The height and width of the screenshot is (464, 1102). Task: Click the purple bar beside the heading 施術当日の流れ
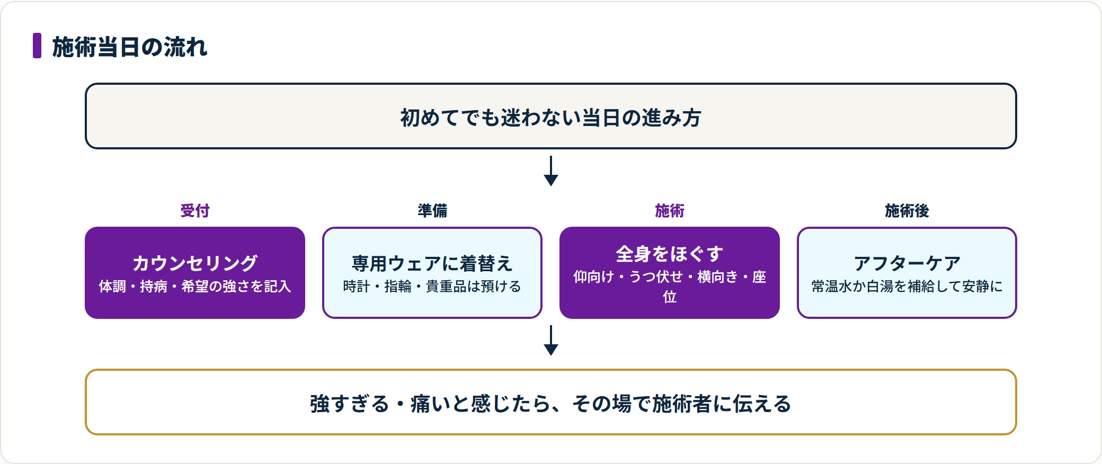(x=37, y=46)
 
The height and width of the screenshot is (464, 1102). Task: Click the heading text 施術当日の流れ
(x=130, y=47)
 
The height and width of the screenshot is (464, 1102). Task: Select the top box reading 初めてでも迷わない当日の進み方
(x=551, y=116)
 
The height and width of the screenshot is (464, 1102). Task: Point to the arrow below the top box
(x=551, y=171)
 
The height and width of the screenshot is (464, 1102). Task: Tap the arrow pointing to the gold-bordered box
(x=551, y=340)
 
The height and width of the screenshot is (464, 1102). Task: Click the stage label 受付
(x=195, y=211)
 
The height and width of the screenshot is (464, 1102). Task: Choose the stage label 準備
(x=432, y=211)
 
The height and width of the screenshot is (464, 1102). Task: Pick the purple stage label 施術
(x=670, y=211)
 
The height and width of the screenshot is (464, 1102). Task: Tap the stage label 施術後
(x=907, y=211)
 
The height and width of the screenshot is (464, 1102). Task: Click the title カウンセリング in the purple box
(x=195, y=263)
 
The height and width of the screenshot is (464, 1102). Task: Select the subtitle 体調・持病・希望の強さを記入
(x=195, y=287)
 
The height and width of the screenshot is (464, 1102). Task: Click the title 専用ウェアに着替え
(x=432, y=263)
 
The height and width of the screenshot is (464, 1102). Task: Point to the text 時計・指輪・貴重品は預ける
(x=432, y=287)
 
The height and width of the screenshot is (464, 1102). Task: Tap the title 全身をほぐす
(x=670, y=254)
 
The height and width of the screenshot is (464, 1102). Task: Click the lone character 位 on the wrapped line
(x=670, y=297)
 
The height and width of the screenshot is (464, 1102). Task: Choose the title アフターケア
(x=907, y=263)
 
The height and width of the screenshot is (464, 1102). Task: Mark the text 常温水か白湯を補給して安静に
(x=907, y=287)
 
